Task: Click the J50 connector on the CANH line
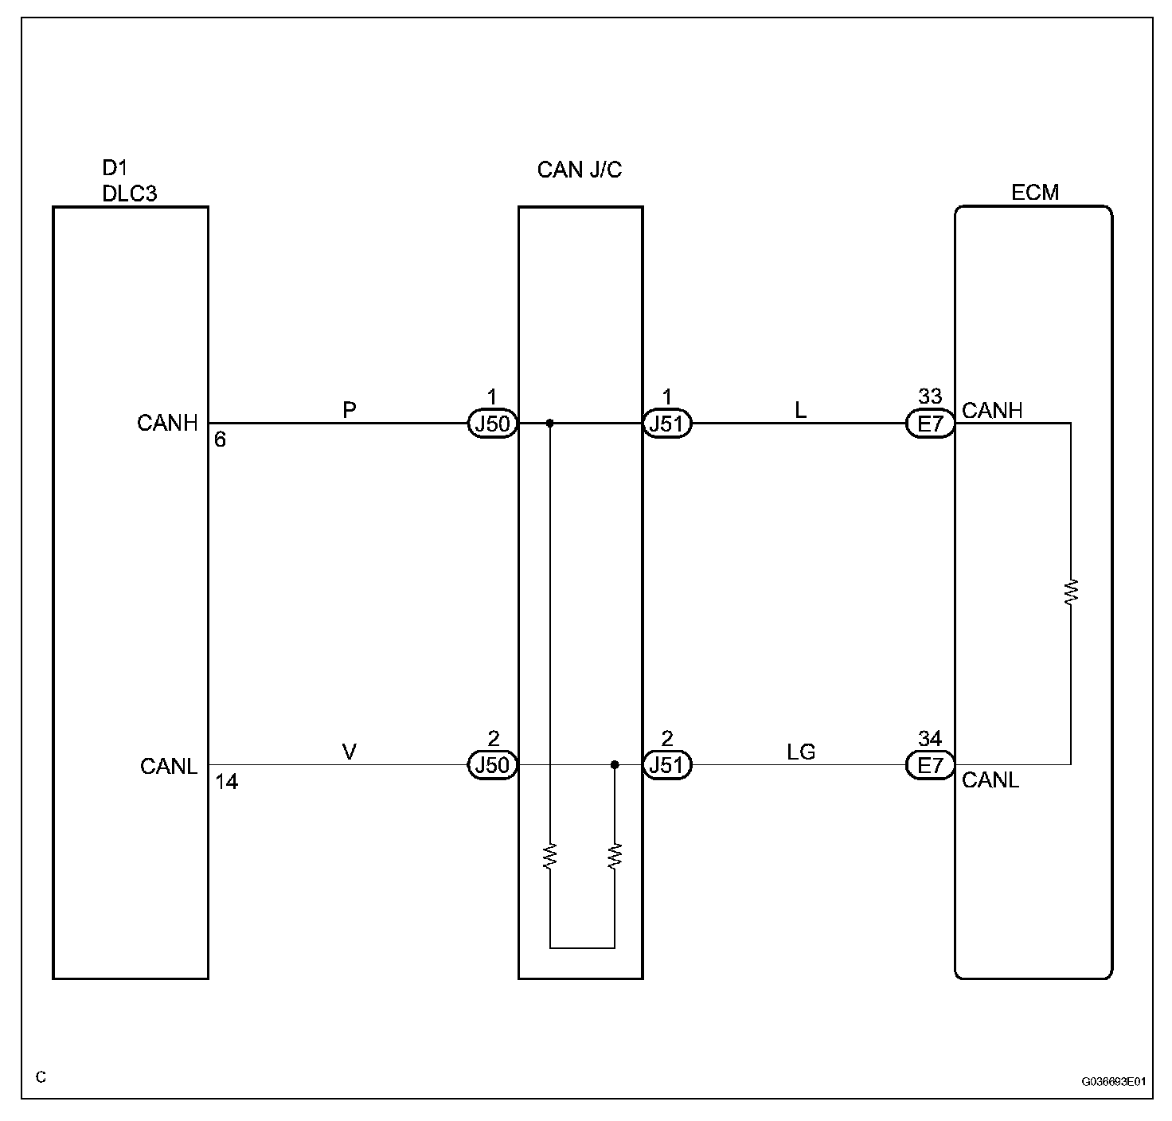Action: pyautogui.click(x=492, y=424)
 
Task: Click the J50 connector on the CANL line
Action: pyautogui.click(x=492, y=765)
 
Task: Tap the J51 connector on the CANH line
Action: pyautogui.click(x=667, y=424)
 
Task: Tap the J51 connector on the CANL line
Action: pyautogui.click(x=667, y=765)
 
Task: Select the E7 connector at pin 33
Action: pyautogui.click(x=930, y=424)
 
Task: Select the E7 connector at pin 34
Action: pyautogui.click(x=930, y=765)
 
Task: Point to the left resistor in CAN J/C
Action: pyautogui.click(x=550, y=856)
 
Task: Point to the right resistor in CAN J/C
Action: pyautogui.click(x=615, y=856)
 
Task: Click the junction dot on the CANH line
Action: pyautogui.click(x=550, y=424)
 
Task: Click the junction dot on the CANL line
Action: pyautogui.click(x=615, y=765)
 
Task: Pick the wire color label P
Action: pyautogui.click(x=349, y=410)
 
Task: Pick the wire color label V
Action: pyautogui.click(x=349, y=752)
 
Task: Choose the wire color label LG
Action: pyautogui.click(x=801, y=752)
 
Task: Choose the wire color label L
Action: pyautogui.click(x=801, y=410)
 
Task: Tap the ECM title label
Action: pyautogui.click(x=1035, y=193)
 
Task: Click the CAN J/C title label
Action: pyautogui.click(x=579, y=170)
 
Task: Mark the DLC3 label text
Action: pyautogui.click(x=130, y=193)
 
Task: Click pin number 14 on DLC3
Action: pyautogui.click(x=227, y=782)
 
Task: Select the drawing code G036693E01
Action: pyautogui.click(x=1113, y=1082)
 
